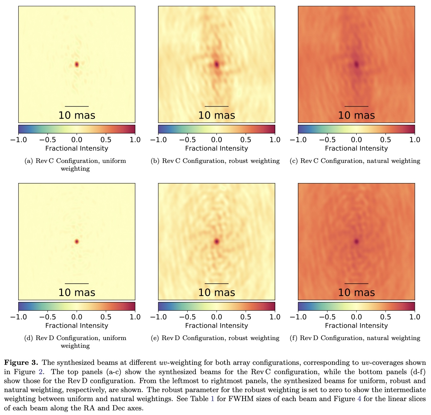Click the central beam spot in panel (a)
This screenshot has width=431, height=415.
[x=77, y=64]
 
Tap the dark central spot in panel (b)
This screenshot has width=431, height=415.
[x=217, y=64]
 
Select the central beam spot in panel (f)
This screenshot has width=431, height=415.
[x=357, y=241]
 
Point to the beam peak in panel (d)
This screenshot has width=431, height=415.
[x=77, y=241]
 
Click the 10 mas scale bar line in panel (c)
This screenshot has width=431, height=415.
[x=356, y=106]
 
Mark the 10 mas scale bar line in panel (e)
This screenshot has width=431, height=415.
[x=217, y=283]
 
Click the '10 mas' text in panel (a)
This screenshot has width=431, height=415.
[x=77, y=116]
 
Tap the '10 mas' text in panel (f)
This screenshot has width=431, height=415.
[x=356, y=293]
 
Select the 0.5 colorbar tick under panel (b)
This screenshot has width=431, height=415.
[x=246, y=140]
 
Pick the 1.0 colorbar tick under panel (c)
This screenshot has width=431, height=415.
[x=415, y=140]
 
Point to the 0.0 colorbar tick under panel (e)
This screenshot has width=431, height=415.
[x=217, y=317]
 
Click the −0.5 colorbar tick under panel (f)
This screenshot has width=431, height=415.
[x=327, y=317]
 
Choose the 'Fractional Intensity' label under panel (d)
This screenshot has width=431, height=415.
[x=77, y=325]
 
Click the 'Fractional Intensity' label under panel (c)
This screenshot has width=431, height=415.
[x=356, y=148]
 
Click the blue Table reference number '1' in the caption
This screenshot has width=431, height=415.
[x=212, y=399]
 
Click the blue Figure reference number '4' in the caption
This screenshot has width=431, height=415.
[x=359, y=399]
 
